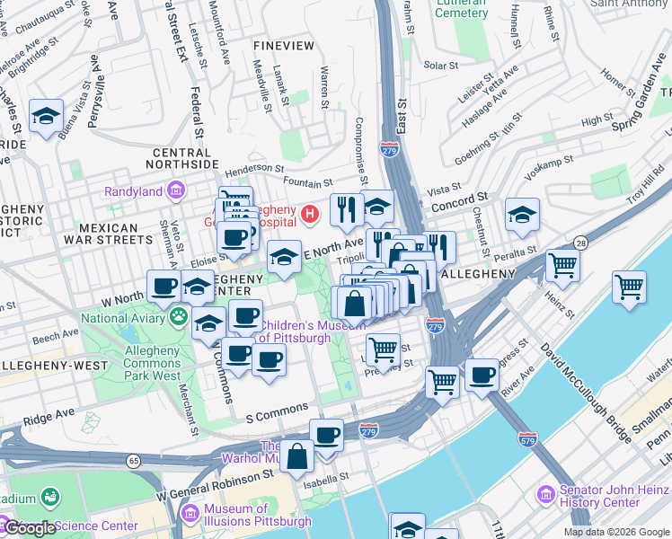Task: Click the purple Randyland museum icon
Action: point(175,190)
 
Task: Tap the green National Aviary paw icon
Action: point(179,316)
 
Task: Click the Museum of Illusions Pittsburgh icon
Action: point(189,513)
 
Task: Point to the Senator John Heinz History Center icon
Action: point(544,495)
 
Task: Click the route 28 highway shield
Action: point(580,243)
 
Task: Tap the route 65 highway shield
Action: point(134,461)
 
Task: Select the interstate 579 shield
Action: point(527,439)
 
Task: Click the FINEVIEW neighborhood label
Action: point(283,45)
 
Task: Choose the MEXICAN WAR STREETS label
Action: point(109,234)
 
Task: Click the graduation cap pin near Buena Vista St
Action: point(46,116)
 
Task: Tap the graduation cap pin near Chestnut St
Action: point(522,215)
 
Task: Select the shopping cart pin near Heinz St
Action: point(562,264)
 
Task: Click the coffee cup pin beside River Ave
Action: point(482,375)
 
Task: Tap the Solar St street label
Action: point(441,66)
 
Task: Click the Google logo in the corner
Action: point(31,528)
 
